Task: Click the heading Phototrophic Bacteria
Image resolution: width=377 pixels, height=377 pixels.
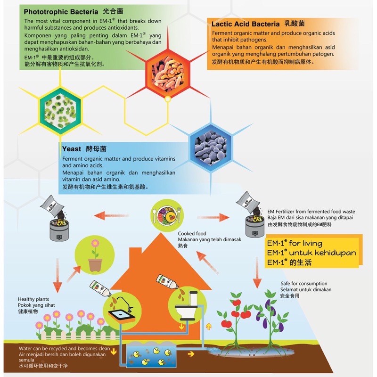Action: pos(61,11)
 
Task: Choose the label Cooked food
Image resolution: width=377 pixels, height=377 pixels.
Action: pos(192,234)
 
